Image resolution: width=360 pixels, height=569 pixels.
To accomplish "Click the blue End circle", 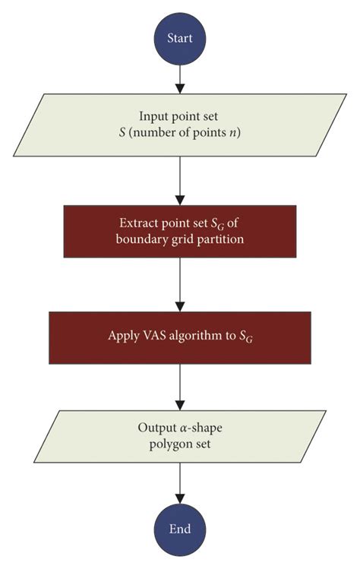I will [x=180, y=529].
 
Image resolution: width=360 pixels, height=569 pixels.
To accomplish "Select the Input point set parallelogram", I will [x=180, y=125].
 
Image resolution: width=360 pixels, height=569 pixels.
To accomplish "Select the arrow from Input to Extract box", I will [x=180, y=181].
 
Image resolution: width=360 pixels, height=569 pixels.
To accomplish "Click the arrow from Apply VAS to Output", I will [x=180, y=387].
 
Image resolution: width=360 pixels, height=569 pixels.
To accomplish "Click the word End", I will [x=180, y=529].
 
